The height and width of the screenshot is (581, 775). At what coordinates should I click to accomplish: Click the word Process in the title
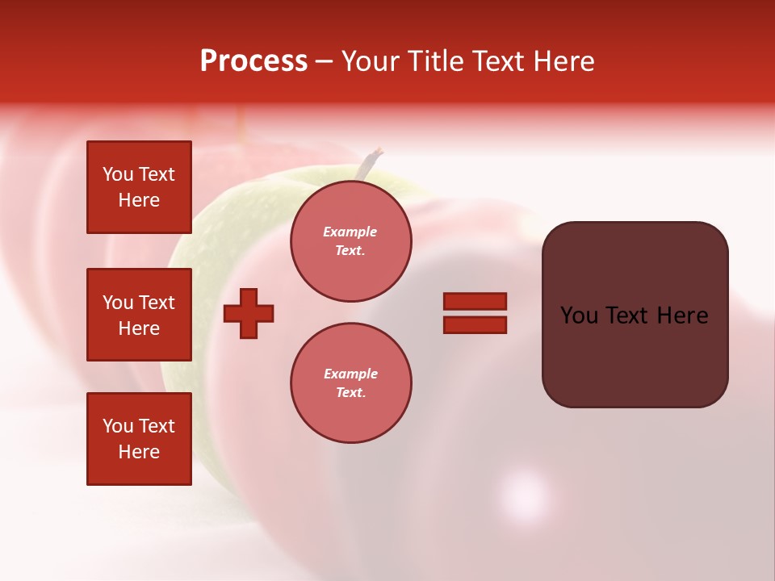tap(253, 61)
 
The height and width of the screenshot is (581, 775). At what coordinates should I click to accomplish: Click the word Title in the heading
tap(434, 61)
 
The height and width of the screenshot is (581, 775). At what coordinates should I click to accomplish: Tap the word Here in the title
tap(563, 61)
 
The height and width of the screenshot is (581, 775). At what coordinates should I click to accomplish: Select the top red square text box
tap(139, 187)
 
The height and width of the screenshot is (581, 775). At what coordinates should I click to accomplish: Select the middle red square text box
tap(139, 315)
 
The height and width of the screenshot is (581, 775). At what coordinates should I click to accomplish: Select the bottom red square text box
tap(139, 439)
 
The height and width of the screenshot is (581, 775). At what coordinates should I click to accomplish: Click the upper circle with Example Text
tap(350, 241)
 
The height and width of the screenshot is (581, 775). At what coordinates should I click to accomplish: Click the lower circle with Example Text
tap(350, 383)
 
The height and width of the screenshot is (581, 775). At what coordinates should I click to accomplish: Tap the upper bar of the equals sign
tap(475, 301)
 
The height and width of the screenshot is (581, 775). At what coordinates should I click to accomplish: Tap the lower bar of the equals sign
tap(475, 325)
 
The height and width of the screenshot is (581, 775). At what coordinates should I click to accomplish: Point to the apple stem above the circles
tap(371, 162)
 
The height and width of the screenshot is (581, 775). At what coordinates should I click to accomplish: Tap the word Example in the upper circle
tap(350, 232)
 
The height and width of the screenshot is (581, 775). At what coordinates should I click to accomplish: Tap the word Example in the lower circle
tap(350, 374)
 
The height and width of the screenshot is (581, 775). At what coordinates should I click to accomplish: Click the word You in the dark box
tap(578, 316)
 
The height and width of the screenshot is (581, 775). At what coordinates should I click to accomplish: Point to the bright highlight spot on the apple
tap(524, 493)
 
